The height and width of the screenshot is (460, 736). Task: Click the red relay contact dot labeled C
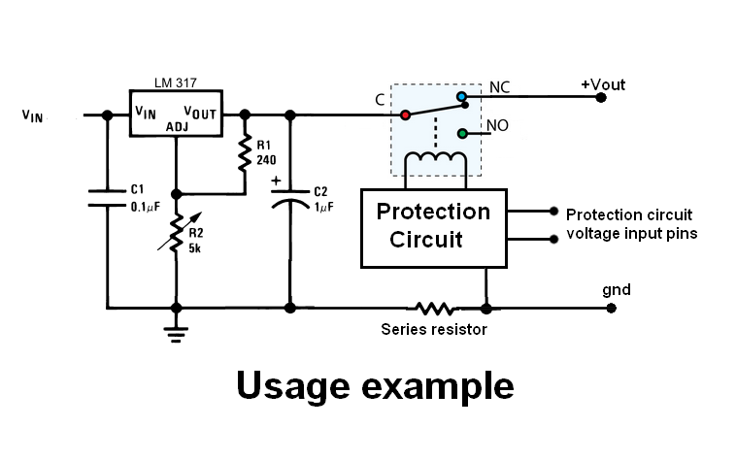(404, 115)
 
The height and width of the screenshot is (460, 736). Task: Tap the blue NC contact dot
(462, 97)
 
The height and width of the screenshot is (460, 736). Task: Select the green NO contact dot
(462, 133)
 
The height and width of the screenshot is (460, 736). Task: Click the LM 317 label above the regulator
(176, 82)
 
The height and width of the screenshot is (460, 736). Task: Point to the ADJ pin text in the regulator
(177, 126)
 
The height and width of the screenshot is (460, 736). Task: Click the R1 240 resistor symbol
(243, 150)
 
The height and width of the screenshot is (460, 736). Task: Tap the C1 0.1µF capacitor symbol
(104, 198)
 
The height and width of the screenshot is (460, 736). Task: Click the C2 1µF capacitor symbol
(289, 200)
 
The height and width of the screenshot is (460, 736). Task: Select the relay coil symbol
(434, 160)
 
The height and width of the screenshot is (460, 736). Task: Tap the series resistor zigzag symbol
(433, 309)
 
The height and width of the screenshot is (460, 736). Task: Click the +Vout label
(603, 85)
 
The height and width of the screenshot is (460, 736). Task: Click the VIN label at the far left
(33, 115)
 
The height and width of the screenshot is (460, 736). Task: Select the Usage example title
(375, 385)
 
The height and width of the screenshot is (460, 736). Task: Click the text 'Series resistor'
(433, 329)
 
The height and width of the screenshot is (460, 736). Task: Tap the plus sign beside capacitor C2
(277, 181)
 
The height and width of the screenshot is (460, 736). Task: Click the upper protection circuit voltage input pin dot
(553, 211)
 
